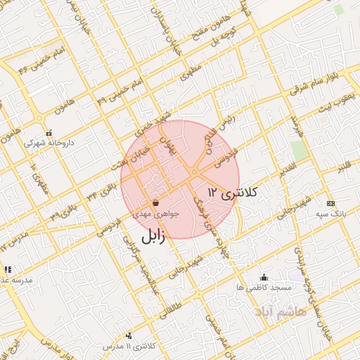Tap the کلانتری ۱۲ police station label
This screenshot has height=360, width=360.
coord(233,192)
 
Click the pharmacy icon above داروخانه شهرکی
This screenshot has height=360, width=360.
coord(49,131)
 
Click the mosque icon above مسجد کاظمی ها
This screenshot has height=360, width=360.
coord(264,277)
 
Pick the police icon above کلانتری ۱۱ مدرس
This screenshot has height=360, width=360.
coord(128,336)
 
